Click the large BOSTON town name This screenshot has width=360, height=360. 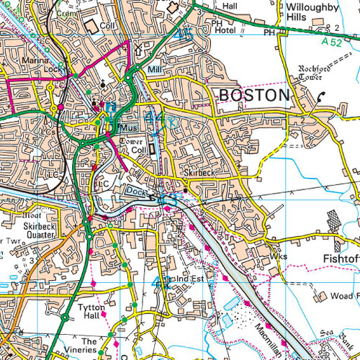tap(254, 96)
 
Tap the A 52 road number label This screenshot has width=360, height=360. tap(333, 42)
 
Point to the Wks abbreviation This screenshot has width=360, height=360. tap(279, 256)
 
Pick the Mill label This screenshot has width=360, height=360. tap(153, 70)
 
